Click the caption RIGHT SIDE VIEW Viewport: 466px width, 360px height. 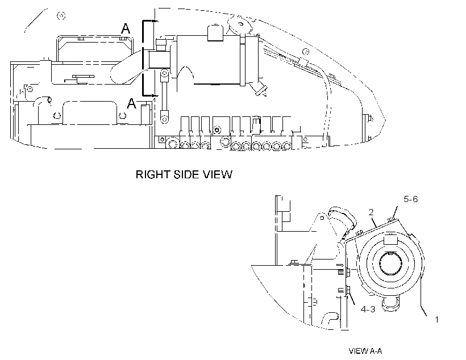click(x=184, y=174)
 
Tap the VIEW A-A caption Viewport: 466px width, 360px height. click(x=365, y=351)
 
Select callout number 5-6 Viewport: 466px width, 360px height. click(x=411, y=199)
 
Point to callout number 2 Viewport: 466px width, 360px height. click(x=371, y=212)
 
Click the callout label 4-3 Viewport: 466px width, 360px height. click(x=368, y=309)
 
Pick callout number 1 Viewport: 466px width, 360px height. click(x=436, y=320)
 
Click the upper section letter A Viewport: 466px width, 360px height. click(x=126, y=29)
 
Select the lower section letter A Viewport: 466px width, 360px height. click(x=131, y=103)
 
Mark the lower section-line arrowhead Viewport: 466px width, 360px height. click(x=154, y=95)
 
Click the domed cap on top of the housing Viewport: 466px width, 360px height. click(x=215, y=33)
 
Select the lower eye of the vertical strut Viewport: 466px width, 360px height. click(x=164, y=117)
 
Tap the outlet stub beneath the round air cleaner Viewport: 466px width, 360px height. click(x=390, y=304)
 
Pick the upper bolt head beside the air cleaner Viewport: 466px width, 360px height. click(x=348, y=272)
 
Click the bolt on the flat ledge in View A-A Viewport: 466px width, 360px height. click(x=294, y=262)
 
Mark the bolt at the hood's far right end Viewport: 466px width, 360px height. click(x=370, y=119)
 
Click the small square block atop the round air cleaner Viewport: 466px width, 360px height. click(x=390, y=239)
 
